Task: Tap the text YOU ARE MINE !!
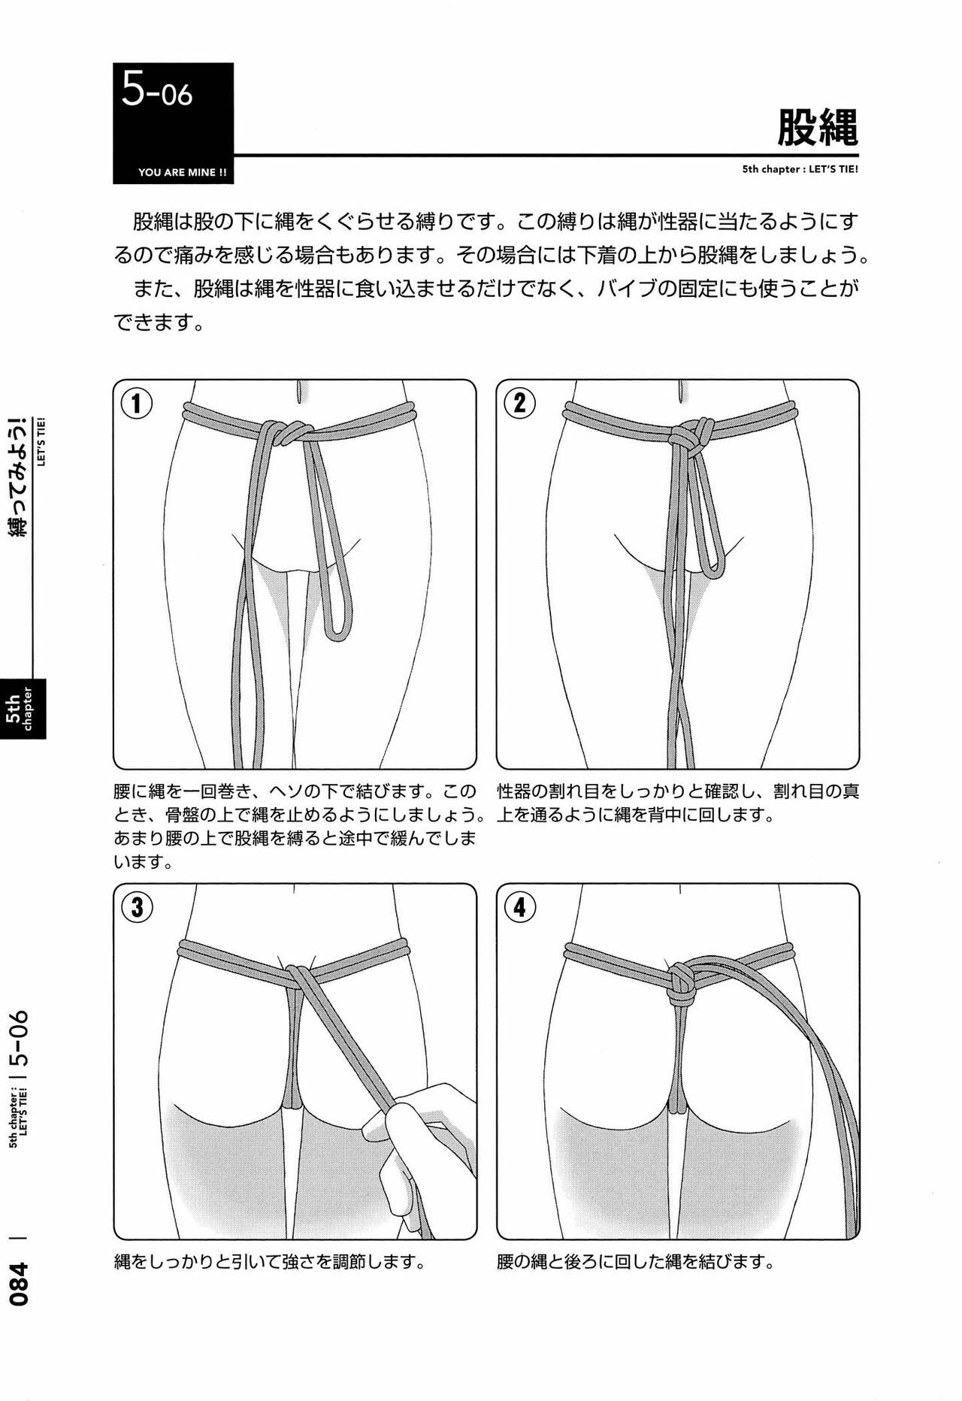point(183,172)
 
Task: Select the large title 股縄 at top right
point(818,128)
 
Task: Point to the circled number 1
point(137,404)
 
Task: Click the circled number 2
point(519,404)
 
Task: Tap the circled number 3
point(137,907)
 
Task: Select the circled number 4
point(519,907)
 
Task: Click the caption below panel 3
point(269,1260)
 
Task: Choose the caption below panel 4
point(636,1260)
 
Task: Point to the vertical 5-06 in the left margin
point(20,1042)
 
